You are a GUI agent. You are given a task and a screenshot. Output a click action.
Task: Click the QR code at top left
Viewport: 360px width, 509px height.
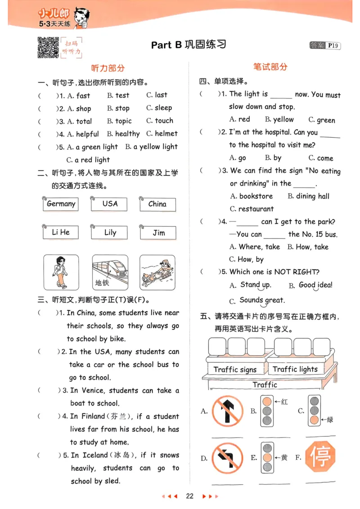coord(48,47)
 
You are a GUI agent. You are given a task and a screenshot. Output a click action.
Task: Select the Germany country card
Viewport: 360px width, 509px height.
coord(61,204)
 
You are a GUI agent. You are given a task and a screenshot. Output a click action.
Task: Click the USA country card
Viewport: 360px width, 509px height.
coord(110,204)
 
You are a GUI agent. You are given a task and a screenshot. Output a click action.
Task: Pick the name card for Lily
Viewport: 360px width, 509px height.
coord(110,233)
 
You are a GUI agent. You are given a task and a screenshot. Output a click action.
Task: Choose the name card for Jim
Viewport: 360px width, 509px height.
coord(158,233)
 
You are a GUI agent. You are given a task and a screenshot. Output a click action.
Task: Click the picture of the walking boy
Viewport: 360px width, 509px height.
coord(61,272)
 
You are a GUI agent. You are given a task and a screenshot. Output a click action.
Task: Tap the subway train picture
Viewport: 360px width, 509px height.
coord(110,272)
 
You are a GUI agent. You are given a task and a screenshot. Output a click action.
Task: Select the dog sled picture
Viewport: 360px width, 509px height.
coord(157,272)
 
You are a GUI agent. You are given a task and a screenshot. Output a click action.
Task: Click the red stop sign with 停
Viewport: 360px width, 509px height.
coord(320,456)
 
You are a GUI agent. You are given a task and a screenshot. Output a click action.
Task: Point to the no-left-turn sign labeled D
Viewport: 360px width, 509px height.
coord(228,458)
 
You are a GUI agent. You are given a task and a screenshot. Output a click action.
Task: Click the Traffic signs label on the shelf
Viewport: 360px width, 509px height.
coord(235,370)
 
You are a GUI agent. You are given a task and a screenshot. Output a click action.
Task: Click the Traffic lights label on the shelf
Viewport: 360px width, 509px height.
coord(295,369)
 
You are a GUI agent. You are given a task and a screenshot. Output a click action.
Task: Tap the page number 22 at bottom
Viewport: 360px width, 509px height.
coord(189,496)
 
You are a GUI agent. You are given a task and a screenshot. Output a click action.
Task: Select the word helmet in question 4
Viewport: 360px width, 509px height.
coord(166,134)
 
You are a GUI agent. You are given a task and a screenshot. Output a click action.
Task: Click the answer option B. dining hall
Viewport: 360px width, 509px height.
coord(309,196)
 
